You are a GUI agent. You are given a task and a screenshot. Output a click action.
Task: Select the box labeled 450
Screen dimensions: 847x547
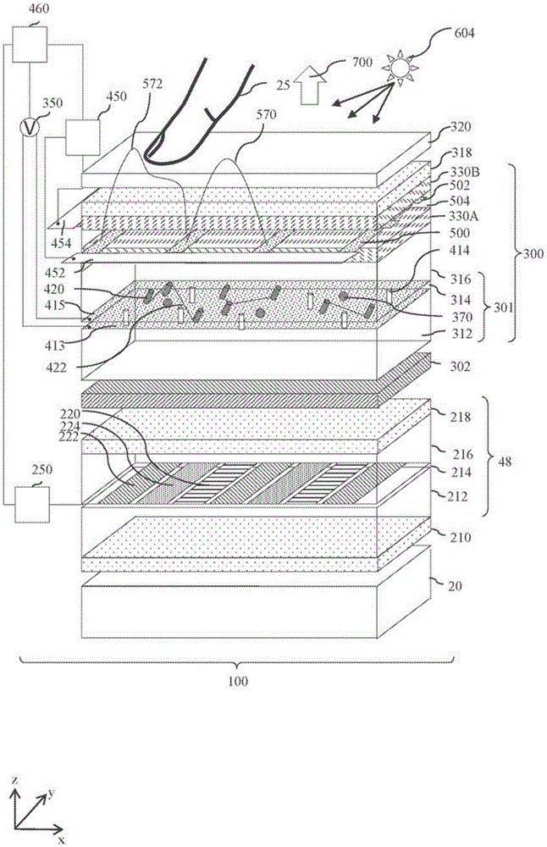(84, 136)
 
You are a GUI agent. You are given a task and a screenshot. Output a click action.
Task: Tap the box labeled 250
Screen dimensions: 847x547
(30, 509)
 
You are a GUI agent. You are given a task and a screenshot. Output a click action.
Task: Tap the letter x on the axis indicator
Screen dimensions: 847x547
(62, 840)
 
